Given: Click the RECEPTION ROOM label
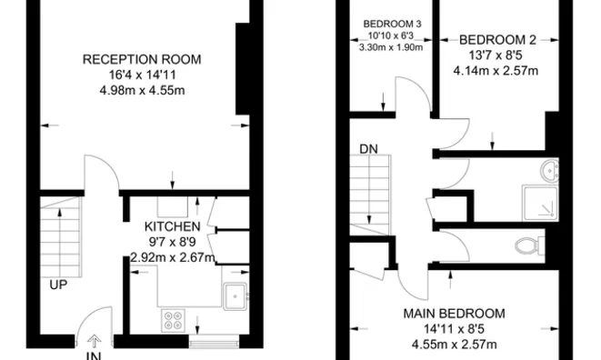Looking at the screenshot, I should tap(142, 59).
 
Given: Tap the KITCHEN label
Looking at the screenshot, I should tap(173, 226).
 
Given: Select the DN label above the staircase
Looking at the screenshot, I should tap(368, 148).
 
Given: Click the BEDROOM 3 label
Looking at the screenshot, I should tap(393, 23).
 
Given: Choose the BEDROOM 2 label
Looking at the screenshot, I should tap(496, 39).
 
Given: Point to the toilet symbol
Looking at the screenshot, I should tap(528, 245).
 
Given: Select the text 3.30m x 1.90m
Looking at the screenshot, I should tap(393, 46).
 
